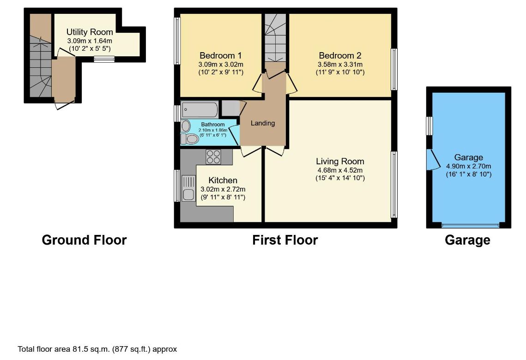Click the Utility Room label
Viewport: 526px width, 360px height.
click(90, 32)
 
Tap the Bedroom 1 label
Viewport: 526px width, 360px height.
click(220, 56)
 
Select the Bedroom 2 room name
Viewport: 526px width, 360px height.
click(340, 56)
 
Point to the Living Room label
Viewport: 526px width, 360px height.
click(340, 162)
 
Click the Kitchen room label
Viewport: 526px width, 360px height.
click(223, 180)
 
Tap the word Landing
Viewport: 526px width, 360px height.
click(263, 123)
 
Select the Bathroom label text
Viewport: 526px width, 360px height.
click(213, 124)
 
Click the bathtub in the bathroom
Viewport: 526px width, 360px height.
click(200, 109)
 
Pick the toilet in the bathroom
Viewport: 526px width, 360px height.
click(189, 139)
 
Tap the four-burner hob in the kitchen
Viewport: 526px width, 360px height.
click(213, 157)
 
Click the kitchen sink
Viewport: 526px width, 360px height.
click(188, 188)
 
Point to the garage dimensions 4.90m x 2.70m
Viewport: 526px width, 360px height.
click(468, 166)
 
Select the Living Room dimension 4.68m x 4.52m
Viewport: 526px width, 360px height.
click(340, 170)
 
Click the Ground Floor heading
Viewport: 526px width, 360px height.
click(84, 240)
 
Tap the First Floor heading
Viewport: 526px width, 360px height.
click(285, 240)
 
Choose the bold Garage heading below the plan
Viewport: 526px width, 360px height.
click(467, 240)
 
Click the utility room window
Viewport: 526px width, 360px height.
click(104, 60)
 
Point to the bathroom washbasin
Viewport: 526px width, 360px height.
click(186, 126)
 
